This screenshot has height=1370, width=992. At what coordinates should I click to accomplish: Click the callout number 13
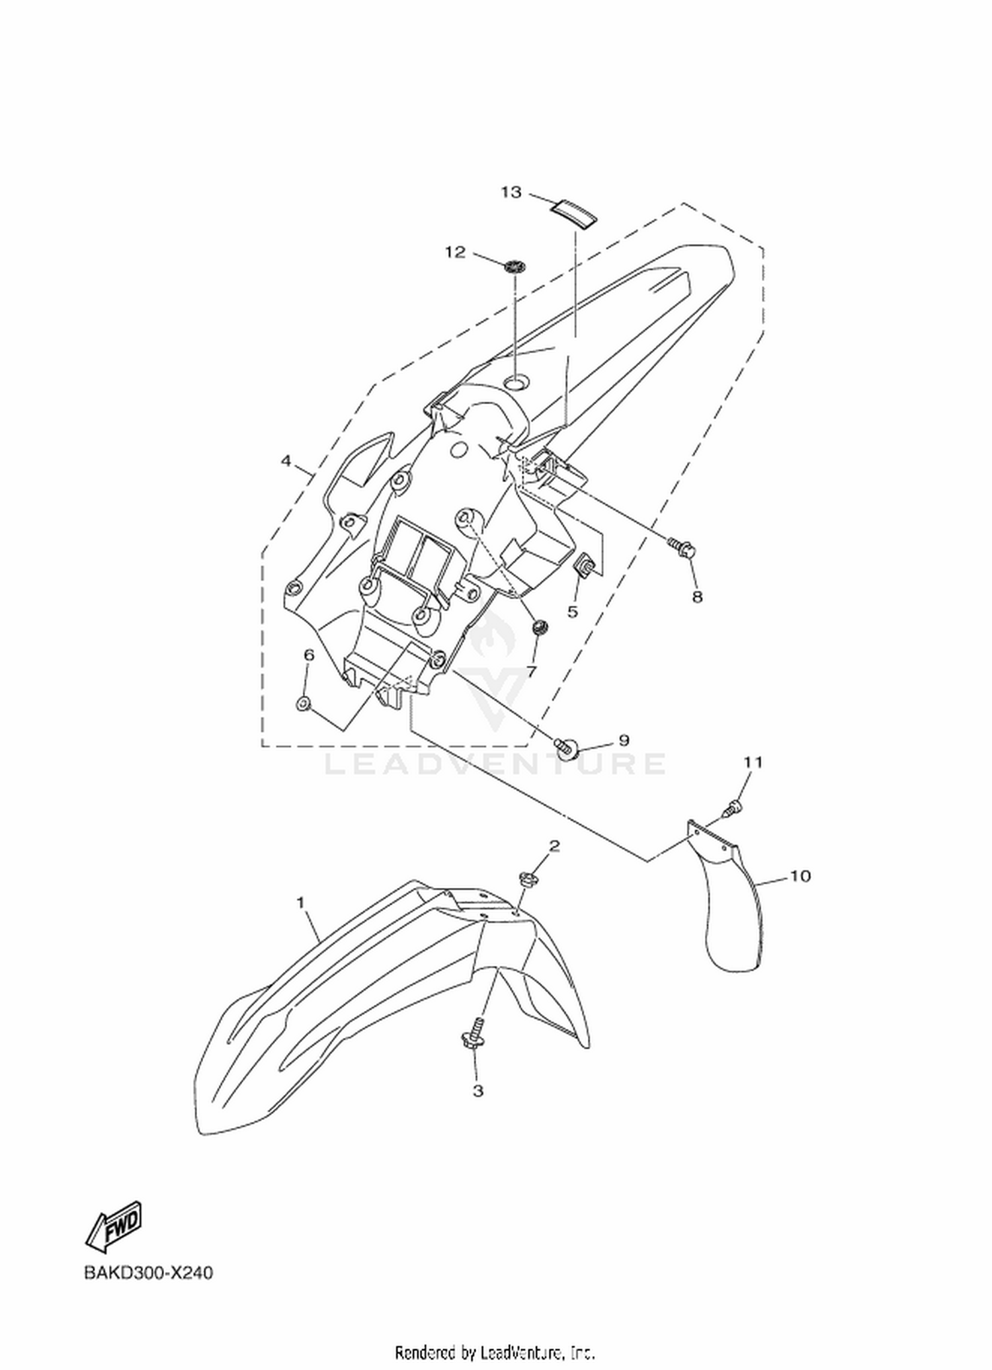pos(511,192)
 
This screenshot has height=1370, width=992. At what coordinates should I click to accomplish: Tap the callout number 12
pos(455,253)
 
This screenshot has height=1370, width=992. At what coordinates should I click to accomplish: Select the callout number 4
pos(286,461)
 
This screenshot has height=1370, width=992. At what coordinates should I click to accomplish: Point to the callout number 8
pos(697,596)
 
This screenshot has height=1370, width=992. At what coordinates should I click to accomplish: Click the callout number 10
pos(800,876)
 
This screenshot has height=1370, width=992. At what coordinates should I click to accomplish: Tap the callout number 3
pos(478,1091)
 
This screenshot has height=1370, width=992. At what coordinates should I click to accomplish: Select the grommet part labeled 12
pos(515,267)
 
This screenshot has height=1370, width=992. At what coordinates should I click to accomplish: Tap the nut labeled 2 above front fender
pos(528,880)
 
